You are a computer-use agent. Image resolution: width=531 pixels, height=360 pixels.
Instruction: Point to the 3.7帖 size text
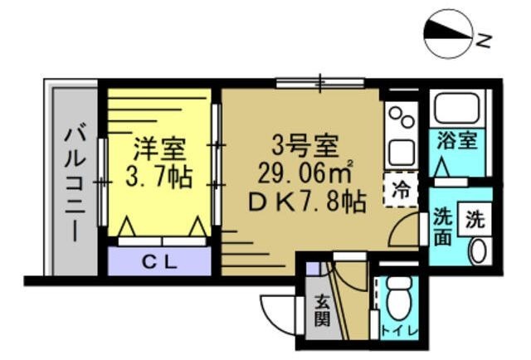(160, 176)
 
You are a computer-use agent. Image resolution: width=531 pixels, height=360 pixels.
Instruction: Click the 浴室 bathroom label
(457, 140)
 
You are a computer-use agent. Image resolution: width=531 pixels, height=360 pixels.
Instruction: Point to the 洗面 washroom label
(442, 226)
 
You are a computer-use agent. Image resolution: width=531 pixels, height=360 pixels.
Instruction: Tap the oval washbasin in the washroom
(479, 250)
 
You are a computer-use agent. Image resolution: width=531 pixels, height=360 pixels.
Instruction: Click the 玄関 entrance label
(321, 308)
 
